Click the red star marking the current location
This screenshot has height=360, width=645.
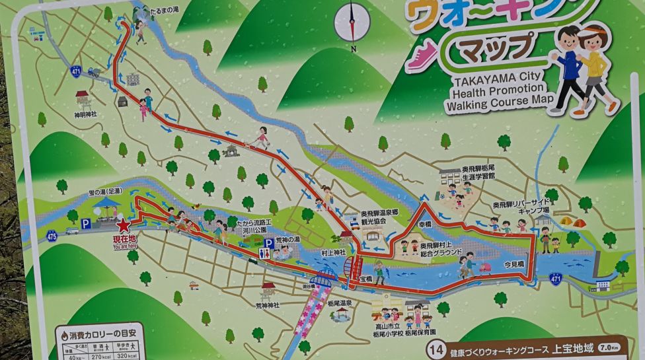pyautogui.click(x=124, y=226)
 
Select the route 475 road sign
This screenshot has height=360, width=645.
pyautogui.click(x=52, y=235)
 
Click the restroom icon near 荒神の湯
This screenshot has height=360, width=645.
pyautogui.click(x=265, y=252)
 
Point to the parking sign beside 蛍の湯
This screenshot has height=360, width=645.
pyautogui.click(x=85, y=224)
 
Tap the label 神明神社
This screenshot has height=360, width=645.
pyautogui.click(x=85, y=114)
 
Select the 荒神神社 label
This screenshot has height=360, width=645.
pyautogui.click(x=268, y=305)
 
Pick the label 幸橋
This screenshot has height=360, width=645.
pyautogui.click(x=426, y=225)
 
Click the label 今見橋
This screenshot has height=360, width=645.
pyautogui.click(x=513, y=264)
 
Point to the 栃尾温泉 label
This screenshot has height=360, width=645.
pyautogui.click(x=339, y=303)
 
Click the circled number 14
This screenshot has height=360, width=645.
pyautogui.click(x=434, y=348)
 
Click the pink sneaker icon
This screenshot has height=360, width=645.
pyautogui.click(x=421, y=56)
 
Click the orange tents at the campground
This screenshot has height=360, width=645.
pyautogui.click(x=571, y=223)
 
